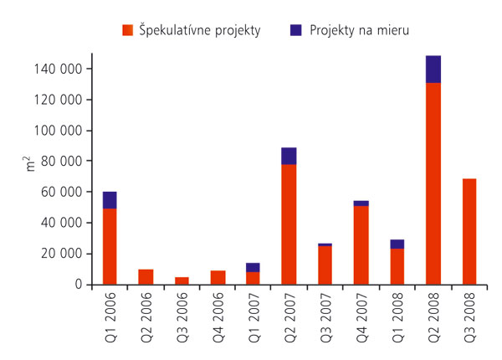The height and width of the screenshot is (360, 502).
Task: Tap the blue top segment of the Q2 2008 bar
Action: pos(433,69)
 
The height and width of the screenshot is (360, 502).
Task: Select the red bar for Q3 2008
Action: pos(469,232)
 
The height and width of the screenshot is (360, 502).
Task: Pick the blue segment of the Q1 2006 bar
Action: pos(110,200)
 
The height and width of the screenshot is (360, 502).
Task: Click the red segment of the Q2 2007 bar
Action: pos(289,224)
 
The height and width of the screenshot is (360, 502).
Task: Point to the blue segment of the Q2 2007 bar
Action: pos(289,156)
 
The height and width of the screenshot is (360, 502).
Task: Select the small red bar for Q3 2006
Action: pos(182,280)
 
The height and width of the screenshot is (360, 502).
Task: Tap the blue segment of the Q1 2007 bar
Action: pos(254,267)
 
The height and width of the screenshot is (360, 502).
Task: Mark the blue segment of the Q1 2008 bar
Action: pos(397,244)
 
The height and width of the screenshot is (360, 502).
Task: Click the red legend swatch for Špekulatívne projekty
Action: pos(128,30)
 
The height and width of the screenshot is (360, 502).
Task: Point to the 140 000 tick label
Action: pos(64,69)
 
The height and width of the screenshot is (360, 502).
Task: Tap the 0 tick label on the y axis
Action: pos(78,285)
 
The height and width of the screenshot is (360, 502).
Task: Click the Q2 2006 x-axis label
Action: pos(146,315)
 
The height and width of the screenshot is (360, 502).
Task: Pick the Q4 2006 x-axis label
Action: pos(218,315)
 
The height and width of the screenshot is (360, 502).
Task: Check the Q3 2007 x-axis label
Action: pos(325,315)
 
